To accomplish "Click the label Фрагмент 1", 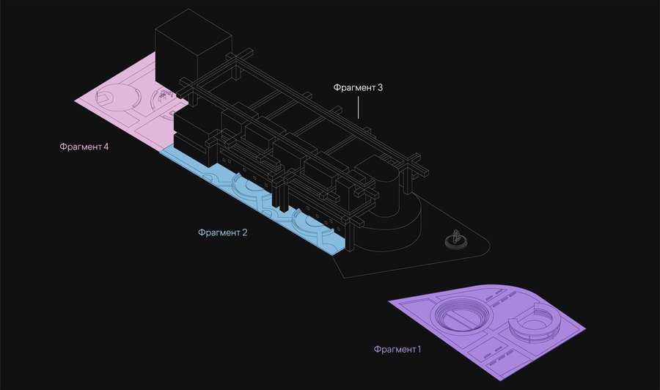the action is click(x=397, y=349).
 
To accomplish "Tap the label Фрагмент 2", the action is click(x=223, y=232).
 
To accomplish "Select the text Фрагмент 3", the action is click(x=358, y=87).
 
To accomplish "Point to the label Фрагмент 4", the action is click(x=84, y=147).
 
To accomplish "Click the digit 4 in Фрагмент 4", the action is click(x=106, y=147).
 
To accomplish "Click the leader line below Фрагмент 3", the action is click(x=358, y=107).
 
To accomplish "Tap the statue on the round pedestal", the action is click(x=455, y=237).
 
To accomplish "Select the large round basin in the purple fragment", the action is click(x=462, y=314).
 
